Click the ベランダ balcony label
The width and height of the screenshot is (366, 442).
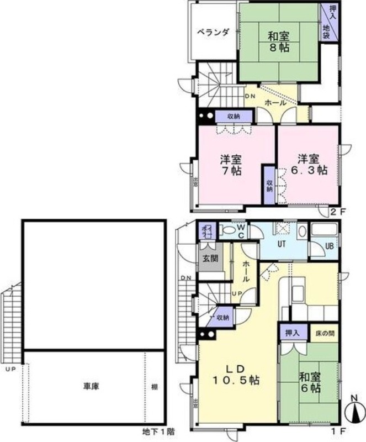click(213, 31)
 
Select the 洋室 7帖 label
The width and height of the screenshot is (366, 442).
click(231, 165)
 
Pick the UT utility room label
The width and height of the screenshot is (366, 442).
click(282, 243)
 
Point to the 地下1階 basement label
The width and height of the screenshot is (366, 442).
click(158, 431)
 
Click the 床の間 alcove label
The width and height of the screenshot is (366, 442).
click(325, 333)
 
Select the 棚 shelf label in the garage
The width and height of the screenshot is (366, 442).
click(155, 387)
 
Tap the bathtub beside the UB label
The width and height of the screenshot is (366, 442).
click(325, 230)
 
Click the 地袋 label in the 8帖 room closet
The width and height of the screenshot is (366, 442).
click(327, 31)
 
